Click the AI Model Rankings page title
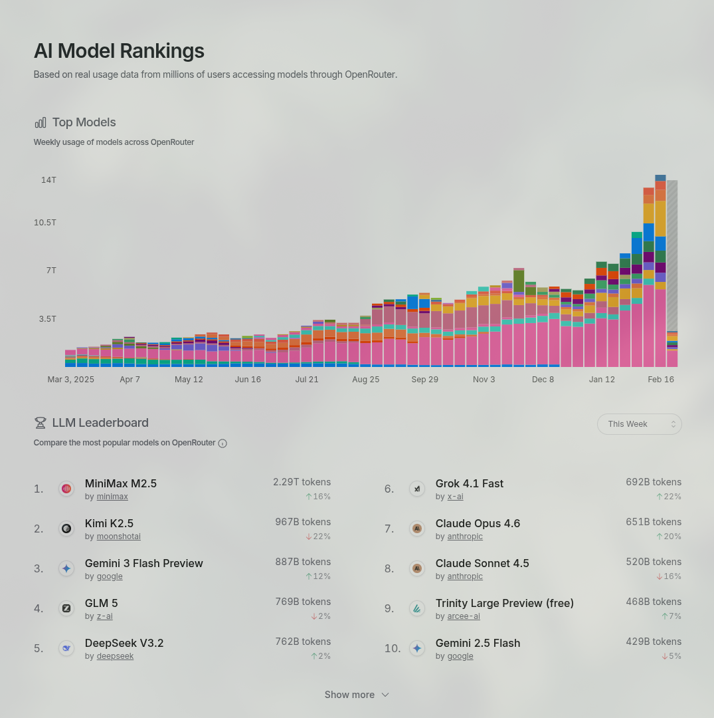tap(119, 51)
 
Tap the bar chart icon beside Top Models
tap(41, 122)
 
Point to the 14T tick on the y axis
tap(48, 180)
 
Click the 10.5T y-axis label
tap(45, 222)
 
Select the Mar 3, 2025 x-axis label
tap(70, 380)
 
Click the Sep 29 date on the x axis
tap(424, 380)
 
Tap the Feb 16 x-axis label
tap(661, 380)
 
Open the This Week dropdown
tap(639, 424)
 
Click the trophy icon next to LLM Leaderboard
tap(41, 423)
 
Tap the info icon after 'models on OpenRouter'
tap(223, 443)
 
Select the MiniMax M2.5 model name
tap(121, 483)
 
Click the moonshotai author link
tap(119, 537)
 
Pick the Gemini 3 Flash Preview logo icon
tap(66, 568)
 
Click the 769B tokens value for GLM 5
tap(303, 602)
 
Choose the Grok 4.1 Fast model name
tap(469, 483)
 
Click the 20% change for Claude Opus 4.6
tap(669, 537)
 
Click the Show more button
tap(357, 695)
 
